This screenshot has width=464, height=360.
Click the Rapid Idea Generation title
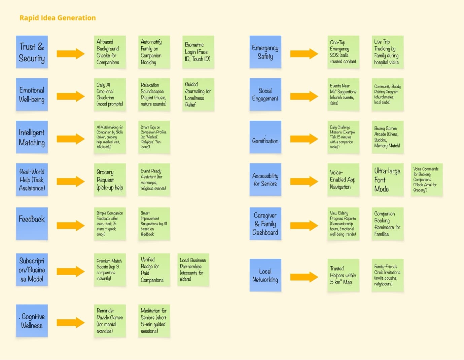click(x=58, y=18)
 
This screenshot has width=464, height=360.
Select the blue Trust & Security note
click(x=32, y=52)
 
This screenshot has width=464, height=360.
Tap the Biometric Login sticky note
click(x=198, y=52)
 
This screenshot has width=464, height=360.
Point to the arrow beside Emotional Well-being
click(x=70, y=96)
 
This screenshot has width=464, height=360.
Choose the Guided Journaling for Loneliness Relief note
click(x=198, y=94)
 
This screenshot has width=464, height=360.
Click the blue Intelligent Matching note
click(x=32, y=137)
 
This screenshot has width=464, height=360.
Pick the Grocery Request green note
click(x=110, y=180)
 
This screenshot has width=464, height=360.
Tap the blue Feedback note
click(x=32, y=224)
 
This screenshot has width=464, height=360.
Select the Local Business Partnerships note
click(x=193, y=270)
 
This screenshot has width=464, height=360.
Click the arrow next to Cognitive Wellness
click(x=70, y=323)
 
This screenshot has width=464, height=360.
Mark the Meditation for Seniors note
click(x=154, y=321)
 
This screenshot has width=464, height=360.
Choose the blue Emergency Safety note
click(x=265, y=52)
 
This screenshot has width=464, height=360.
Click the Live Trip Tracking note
click(x=387, y=52)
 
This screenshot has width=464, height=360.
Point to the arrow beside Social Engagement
click(x=304, y=96)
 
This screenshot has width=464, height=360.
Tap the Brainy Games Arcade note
click(x=387, y=137)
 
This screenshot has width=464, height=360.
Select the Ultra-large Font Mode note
click(x=387, y=180)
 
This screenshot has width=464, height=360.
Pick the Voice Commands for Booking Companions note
click(x=426, y=180)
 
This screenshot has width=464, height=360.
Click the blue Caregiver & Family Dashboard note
click(x=265, y=224)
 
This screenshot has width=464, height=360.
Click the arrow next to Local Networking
click(x=304, y=277)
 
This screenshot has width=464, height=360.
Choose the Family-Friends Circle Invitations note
click(x=387, y=275)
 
